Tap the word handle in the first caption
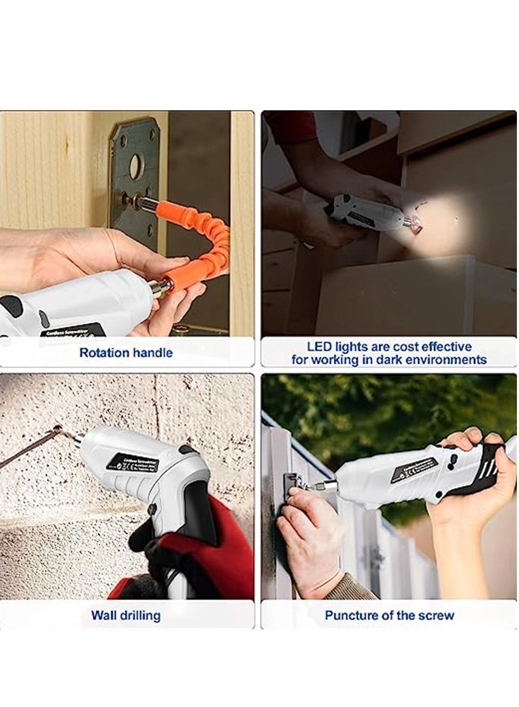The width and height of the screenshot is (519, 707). pos(152,353)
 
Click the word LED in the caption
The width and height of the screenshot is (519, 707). pos(318,347)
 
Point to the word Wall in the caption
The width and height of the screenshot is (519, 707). pos(103,616)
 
